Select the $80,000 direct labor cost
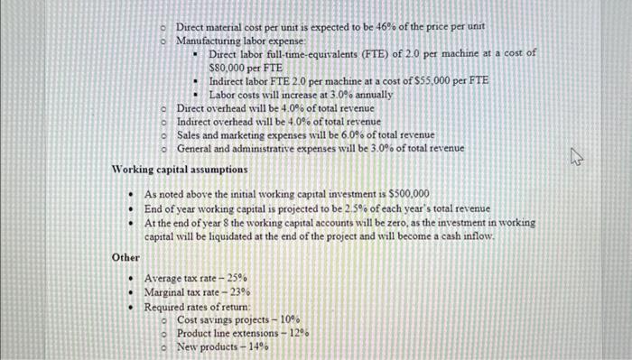coord(226,67)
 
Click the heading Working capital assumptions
coord(179,169)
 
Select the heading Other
coord(125,257)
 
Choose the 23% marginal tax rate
coord(237,292)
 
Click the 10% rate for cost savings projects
coord(289,319)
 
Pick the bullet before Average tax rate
coord(132,279)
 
